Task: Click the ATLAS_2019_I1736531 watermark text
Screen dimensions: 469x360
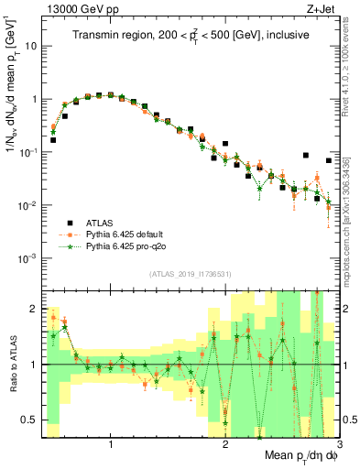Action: point(190,273)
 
